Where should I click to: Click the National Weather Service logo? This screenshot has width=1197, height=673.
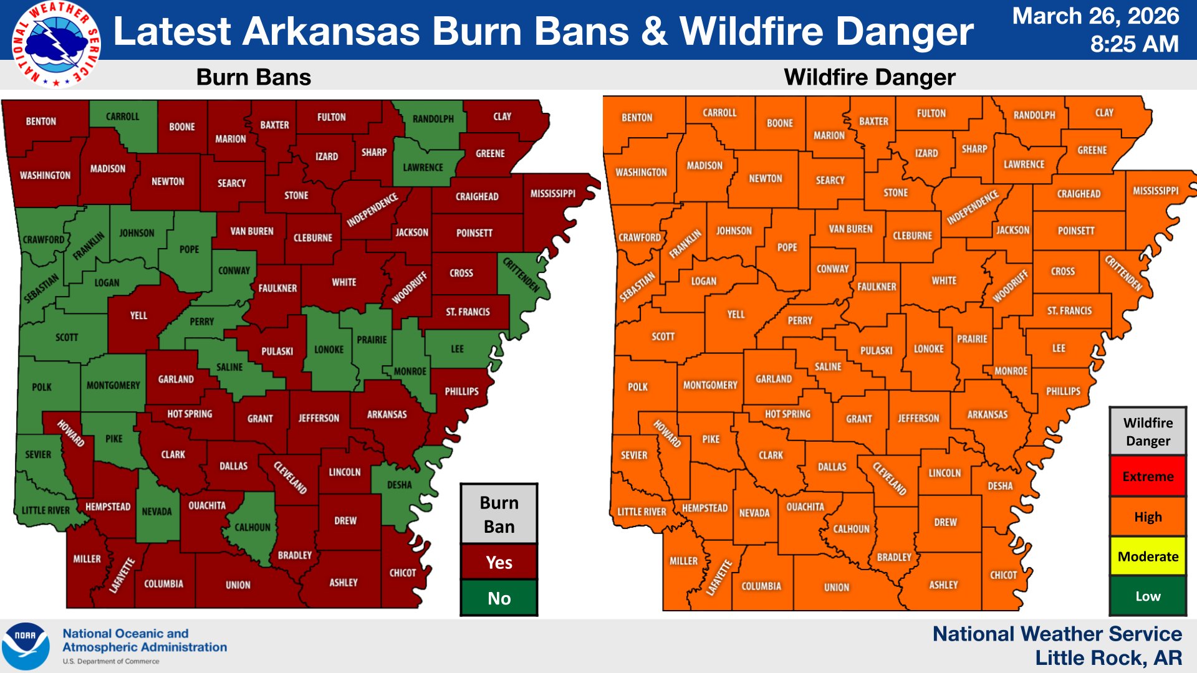coord(56,44)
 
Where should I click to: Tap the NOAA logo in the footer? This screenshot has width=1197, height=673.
coord(26,646)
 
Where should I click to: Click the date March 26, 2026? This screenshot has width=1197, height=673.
coord(1095,16)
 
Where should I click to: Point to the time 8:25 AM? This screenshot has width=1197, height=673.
coord(1134,44)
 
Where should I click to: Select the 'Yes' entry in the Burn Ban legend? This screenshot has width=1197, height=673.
coord(499,562)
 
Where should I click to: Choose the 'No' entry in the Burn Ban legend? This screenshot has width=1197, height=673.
coord(499,598)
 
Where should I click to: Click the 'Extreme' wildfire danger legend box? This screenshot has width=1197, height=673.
coord(1148,477)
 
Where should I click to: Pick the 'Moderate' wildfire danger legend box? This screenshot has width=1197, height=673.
coord(1148,556)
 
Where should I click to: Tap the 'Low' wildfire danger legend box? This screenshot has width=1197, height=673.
coord(1148,596)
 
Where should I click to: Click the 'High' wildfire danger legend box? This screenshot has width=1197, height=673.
coord(1148,517)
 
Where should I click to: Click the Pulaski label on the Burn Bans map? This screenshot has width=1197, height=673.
coord(277,351)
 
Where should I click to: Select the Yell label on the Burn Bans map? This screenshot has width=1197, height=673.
coord(138,316)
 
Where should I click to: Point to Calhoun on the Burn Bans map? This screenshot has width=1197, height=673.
coord(252,527)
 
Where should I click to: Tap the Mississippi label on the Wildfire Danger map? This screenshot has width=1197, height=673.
coord(1155,191)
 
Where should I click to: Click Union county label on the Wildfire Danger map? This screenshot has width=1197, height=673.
coord(836,588)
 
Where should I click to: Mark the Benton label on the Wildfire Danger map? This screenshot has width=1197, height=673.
coord(637,118)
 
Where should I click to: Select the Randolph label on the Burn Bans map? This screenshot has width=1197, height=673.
coord(433,119)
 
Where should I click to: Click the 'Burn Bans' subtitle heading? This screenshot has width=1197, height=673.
coord(253,77)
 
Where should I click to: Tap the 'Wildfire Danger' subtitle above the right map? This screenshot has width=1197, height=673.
coord(869,77)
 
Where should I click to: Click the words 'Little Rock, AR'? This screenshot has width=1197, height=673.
coord(1108,658)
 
